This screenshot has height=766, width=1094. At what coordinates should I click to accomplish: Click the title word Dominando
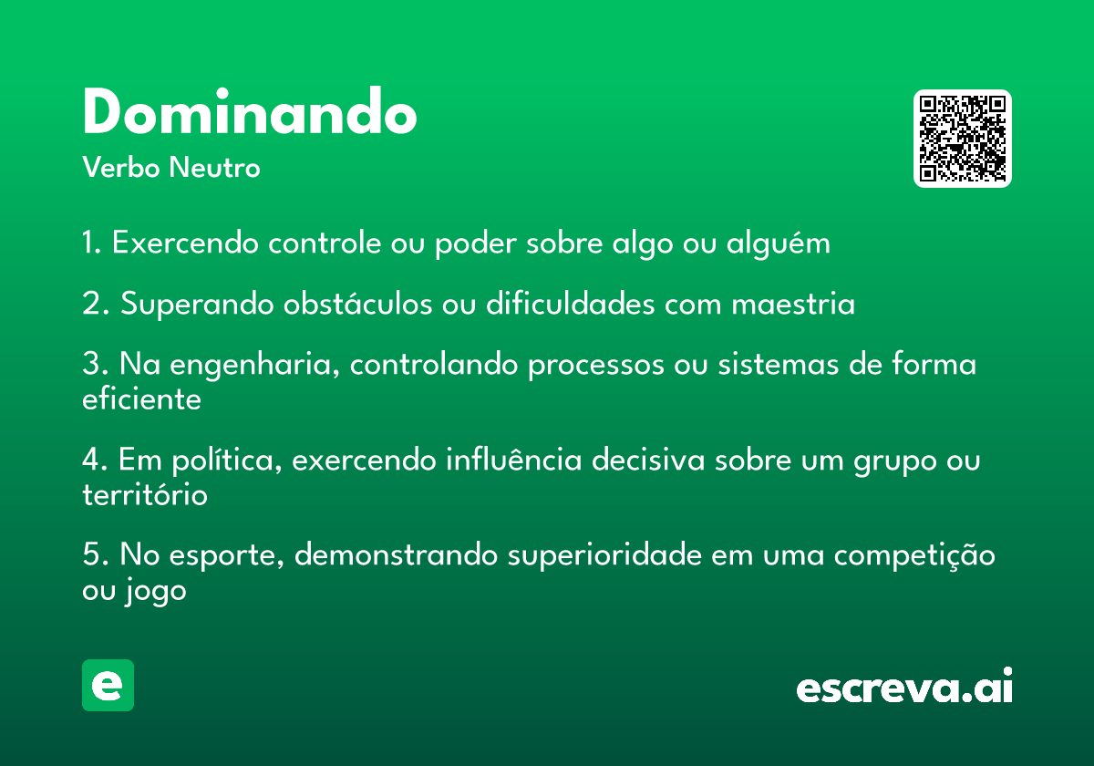(x=250, y=111)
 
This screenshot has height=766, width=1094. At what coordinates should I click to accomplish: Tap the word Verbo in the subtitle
(x=121, y=168)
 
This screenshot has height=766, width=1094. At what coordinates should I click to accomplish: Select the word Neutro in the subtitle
(x=215, y=168)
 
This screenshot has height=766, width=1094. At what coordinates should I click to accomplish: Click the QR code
(x=962, y=139)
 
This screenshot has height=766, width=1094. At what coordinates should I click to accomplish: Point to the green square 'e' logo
(x=108, y=685)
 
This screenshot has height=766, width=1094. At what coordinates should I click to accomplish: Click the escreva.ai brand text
(x=904, y=686)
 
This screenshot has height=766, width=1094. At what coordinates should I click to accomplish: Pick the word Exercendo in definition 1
(x=185, y=243)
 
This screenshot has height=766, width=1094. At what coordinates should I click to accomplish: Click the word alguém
(x=778, y=243)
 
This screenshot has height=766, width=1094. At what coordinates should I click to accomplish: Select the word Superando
(x=197, y=305)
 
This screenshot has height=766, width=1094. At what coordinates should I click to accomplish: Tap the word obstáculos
(x=357, y=304)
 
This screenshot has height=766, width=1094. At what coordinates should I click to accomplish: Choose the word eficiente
(x=141, y=399)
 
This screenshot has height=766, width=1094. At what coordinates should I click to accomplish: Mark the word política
(x=227, y=461)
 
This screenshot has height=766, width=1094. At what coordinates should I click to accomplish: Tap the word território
(x=145, y=494)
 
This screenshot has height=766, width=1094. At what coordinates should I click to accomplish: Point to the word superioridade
(x=604, y=556)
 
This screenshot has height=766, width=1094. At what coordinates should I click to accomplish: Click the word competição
(x=914, y=556)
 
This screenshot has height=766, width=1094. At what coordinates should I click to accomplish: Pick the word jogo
(x=155, y=591)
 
